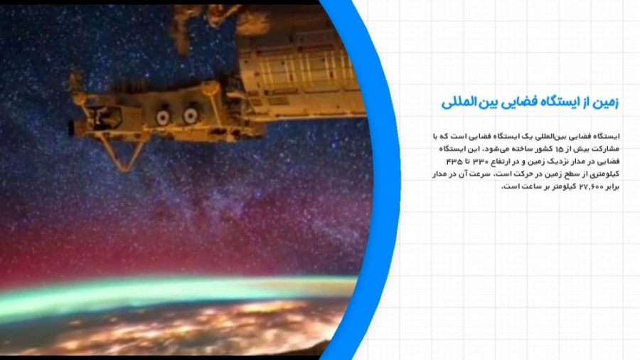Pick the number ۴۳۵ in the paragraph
click(x=452, y=162)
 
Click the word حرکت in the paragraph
click(x=523, y=174)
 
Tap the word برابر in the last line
click(x=613, y=186)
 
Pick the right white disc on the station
click(x=191, y=115)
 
